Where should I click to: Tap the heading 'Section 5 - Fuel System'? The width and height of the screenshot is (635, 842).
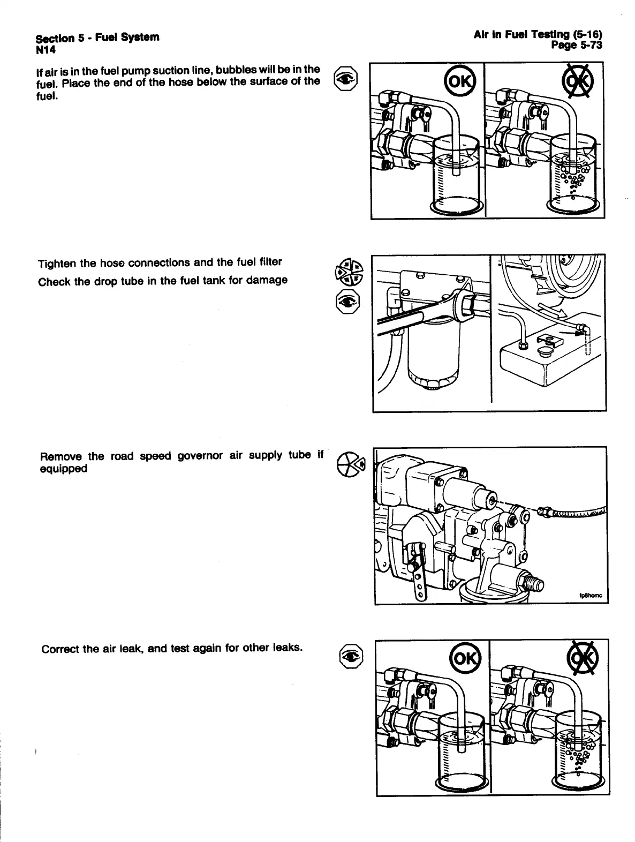click(97, 37)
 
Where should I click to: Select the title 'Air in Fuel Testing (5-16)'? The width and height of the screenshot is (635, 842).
click(538, 35)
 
